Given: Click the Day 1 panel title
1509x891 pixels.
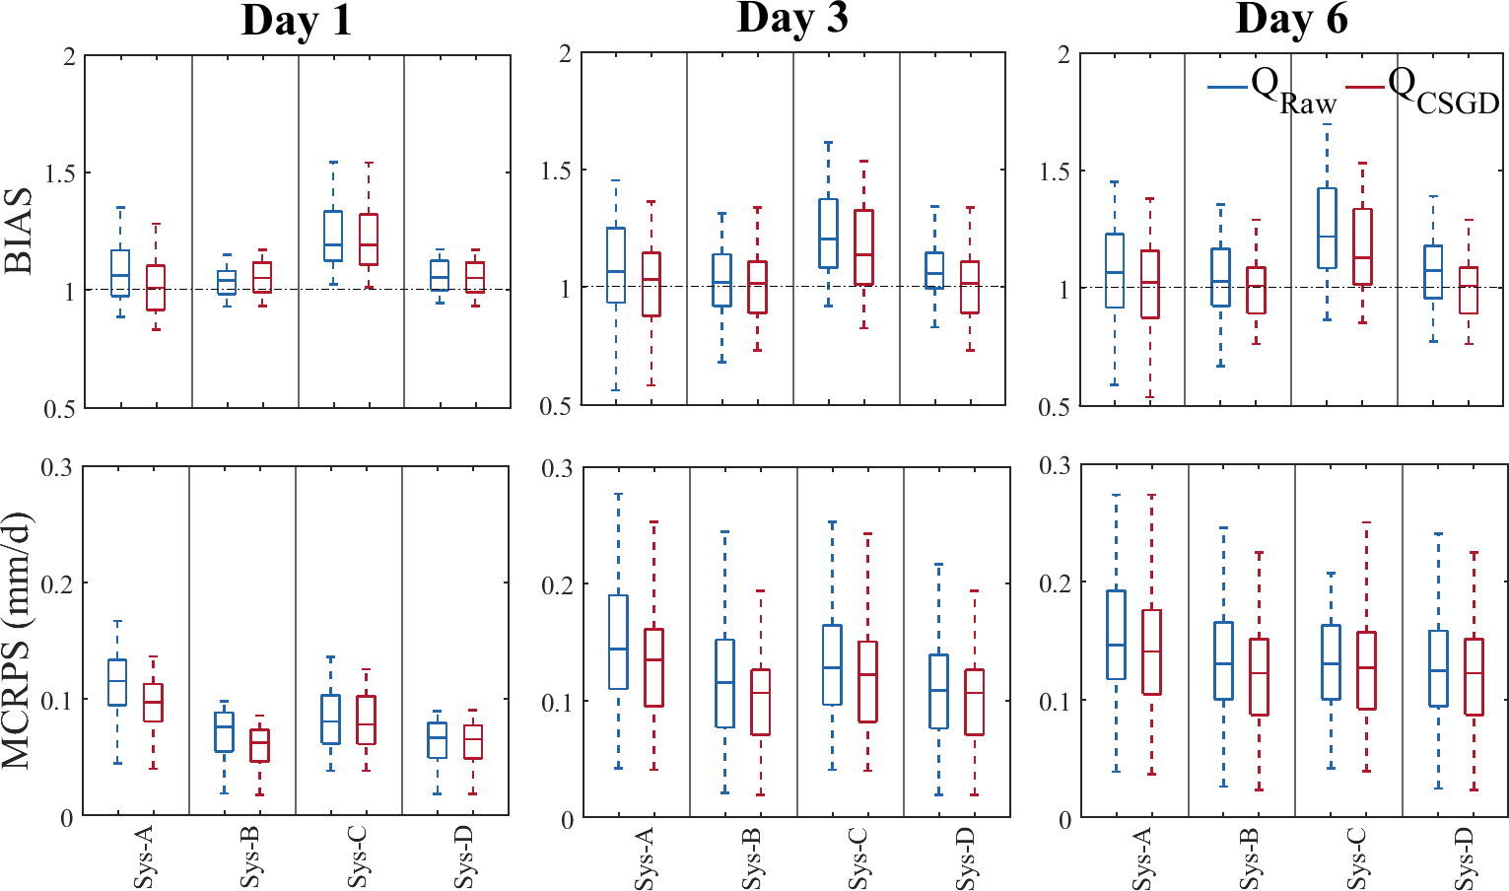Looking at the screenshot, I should (x=297, y=21).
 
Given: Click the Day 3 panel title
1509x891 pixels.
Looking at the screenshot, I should (x=791, y=19).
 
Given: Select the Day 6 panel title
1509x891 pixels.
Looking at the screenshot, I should (x=1291, y=19).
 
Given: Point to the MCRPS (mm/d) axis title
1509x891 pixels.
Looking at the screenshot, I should (x=22, y=641).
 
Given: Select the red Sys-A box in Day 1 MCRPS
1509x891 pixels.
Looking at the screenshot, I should (x=153, y=703).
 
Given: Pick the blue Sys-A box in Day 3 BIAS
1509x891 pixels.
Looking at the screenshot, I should (x=615, y=265).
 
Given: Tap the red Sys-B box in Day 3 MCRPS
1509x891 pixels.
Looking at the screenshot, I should (x=759, y=702).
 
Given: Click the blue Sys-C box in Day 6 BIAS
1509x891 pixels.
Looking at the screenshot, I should (x=1327, y=228).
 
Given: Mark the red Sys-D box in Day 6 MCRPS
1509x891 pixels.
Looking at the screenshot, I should (x=1474, y=677).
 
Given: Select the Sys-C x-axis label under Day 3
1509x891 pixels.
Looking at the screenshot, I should (x=857, y=857).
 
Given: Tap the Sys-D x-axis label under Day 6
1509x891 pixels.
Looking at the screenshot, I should (x=1463, y=857).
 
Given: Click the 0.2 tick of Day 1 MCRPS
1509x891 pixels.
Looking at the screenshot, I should (x=57, y=584).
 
